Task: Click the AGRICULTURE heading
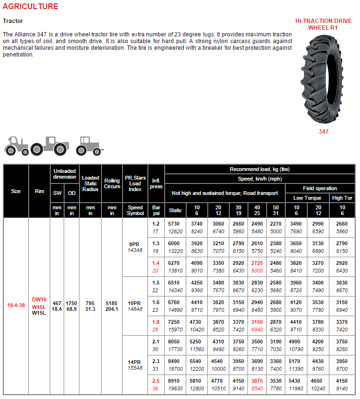30,7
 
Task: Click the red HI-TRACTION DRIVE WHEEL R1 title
323,24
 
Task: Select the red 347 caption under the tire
324,131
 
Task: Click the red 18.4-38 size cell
16,305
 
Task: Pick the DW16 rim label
39,299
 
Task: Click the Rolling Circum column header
112,183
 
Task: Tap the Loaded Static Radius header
90,183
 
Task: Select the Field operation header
320,188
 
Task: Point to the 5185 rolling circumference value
112,302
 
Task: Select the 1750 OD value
71,302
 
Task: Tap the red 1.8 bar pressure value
156,322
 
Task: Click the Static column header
176,210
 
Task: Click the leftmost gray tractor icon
17,144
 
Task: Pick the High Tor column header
342,198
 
